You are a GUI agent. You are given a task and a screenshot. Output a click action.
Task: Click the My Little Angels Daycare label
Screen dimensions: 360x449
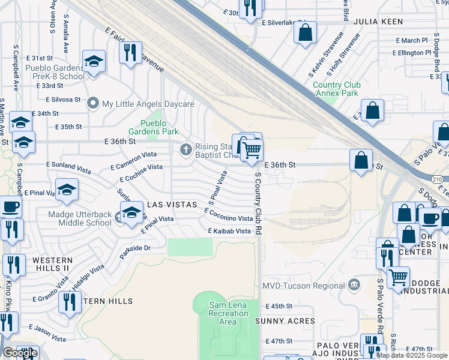pyautogui.click(x=148, y=104)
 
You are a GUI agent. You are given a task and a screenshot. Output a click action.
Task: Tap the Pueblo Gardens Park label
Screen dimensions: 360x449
pyautogui.click(x=155, y=127)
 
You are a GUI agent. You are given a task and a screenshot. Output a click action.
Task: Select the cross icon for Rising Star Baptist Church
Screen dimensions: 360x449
pyautogui.click(x=186, y=148)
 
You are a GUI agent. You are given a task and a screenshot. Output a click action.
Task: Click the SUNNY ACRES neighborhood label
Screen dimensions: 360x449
pyautogui.click(x=285, y=321)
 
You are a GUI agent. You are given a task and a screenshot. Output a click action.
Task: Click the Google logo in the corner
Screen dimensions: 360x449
pyautogui.click(x=20, y=353)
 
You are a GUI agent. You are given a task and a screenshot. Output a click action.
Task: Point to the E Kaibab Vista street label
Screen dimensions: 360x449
pyautogui.click(x=229, y=231)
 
